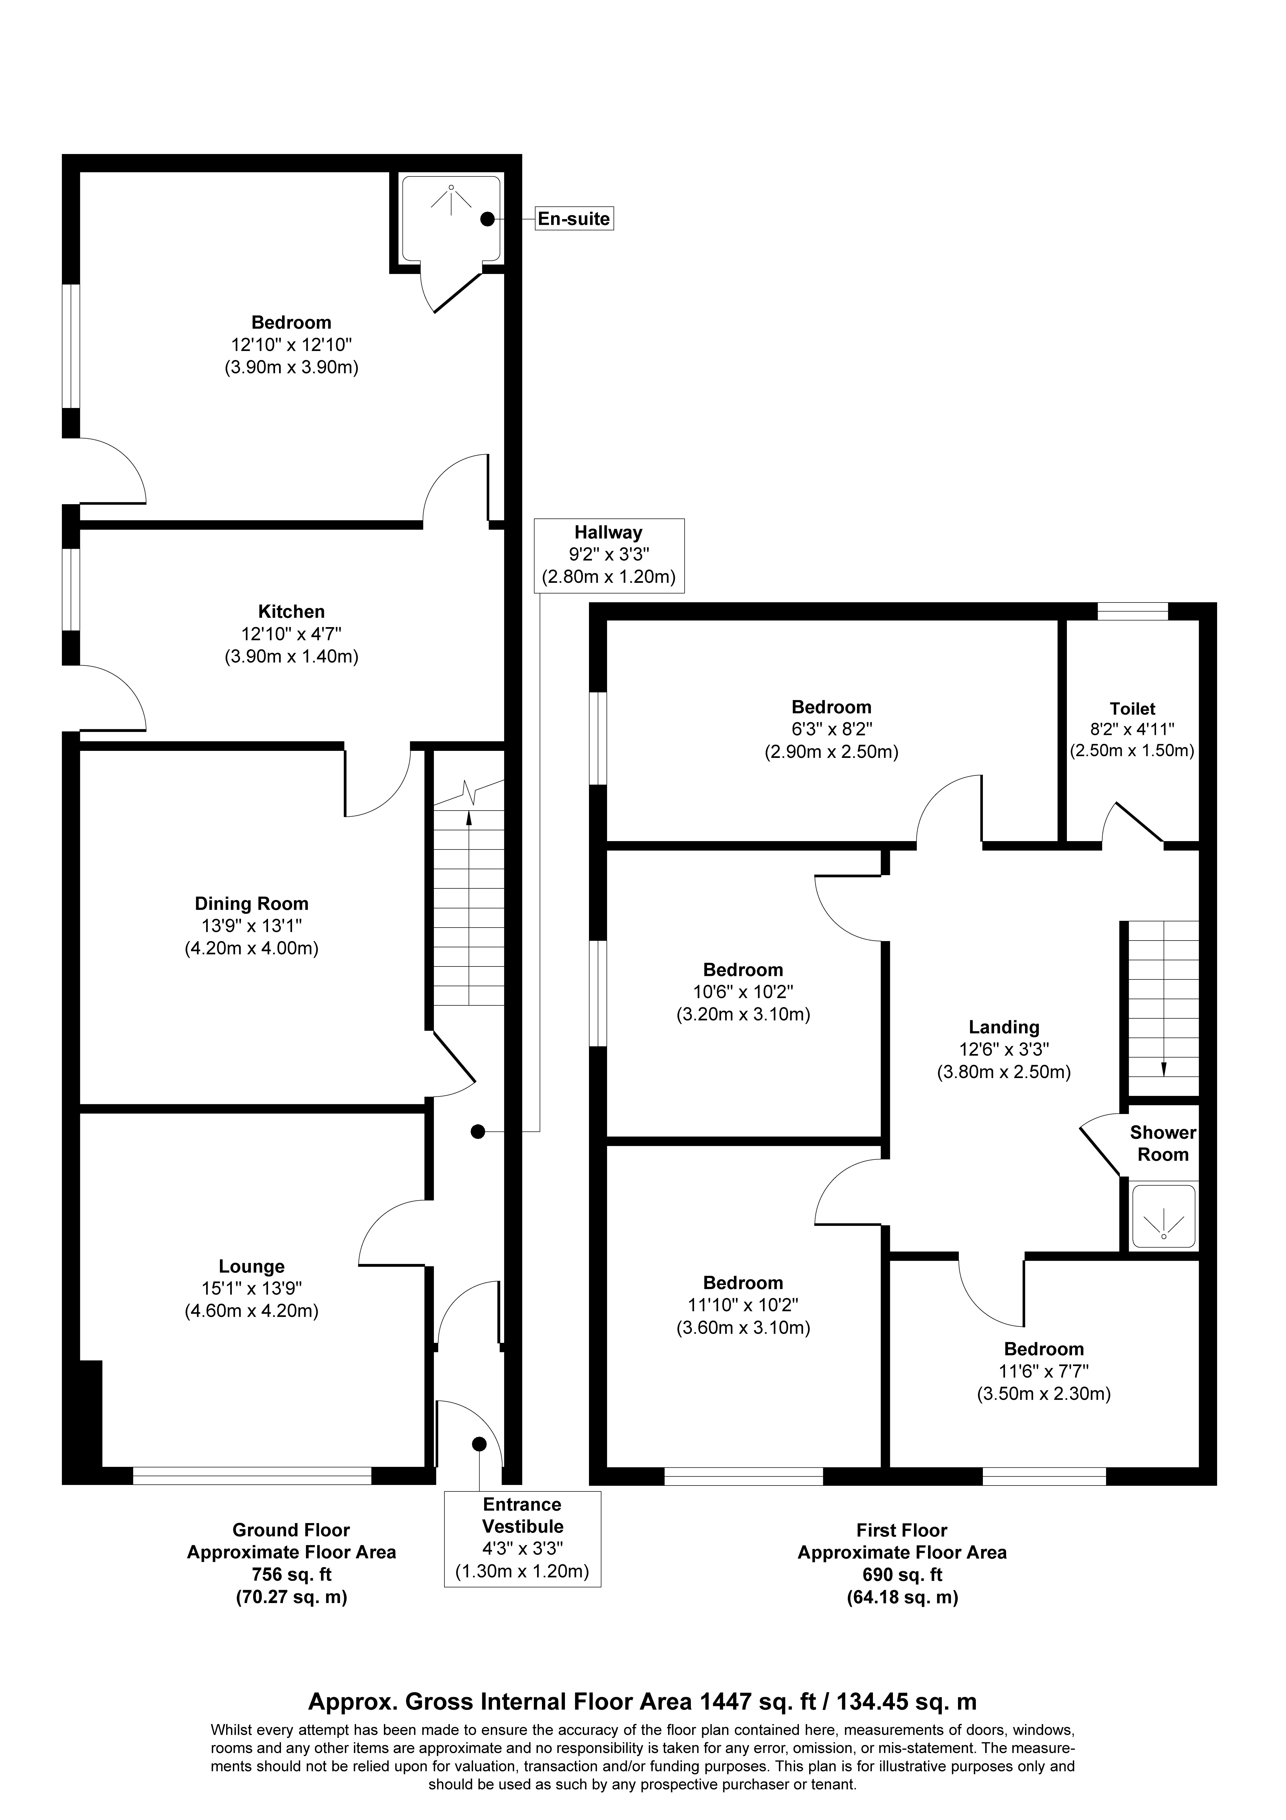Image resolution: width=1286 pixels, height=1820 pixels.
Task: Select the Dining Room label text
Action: click(251, 904)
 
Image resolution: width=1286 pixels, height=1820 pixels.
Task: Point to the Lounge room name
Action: click(251, 1267)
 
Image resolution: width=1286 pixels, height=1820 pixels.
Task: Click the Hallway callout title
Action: click(609, 533)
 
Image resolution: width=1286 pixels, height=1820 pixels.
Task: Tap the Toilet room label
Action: click(1132, 709)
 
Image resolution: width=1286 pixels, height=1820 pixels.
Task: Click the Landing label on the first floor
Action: click(1004, 1027)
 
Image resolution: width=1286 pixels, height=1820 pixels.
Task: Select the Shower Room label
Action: click(1163, 1143)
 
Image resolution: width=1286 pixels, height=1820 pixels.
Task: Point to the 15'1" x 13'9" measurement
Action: click(251, 1289)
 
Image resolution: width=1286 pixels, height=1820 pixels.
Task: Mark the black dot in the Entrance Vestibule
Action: click(479, 1444)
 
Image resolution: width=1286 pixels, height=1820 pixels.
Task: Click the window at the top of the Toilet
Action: click(1133, 611)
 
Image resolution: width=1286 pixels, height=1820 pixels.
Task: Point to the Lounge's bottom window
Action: click(252, 1475)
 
